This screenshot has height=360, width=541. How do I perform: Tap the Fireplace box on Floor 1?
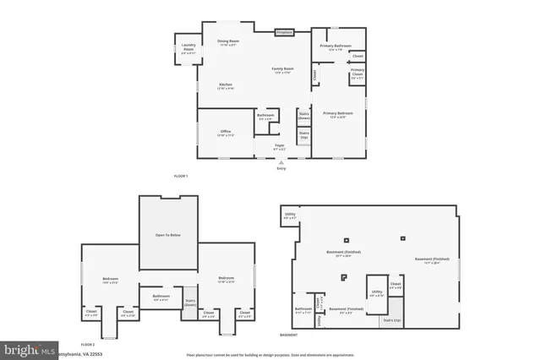click(x=284, y=33)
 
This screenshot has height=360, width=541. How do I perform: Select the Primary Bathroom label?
click(x=335, y=46)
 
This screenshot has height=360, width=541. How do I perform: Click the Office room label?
click(x=226, y=133)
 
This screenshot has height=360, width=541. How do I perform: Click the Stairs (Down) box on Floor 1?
click(x=303, y=116)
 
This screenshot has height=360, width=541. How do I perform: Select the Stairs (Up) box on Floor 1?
click(x=303, y=134)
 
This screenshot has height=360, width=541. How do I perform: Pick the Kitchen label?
click(x=226, y=85)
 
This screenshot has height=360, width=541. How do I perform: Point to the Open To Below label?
click(x=168, y=235)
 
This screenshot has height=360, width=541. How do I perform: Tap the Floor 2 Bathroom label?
click(x=161, y=297)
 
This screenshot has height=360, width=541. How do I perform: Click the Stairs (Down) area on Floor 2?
click(x=190, y=302)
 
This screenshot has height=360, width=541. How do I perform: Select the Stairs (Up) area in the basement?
click(x=392, y=320)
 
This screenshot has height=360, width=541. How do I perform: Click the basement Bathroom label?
click(x=303, y=311)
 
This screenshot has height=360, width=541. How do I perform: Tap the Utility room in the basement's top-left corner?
click(x=290, y=216)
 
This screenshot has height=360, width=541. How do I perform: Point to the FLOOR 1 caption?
click(x=180, y=175)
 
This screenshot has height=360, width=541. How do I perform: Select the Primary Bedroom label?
click(x=336, y=114)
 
